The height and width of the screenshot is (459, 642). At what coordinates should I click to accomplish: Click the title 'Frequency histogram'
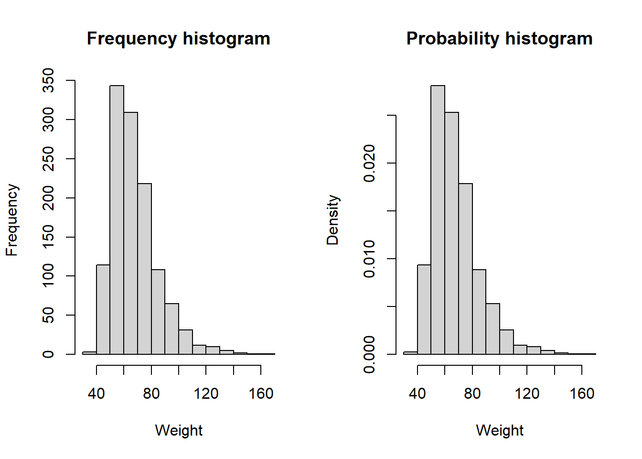178,38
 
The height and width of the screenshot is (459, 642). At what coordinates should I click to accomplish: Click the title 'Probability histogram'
499,38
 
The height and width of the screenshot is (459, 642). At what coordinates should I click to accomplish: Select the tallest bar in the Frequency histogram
117,220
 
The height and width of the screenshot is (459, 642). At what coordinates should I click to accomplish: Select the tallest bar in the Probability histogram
438,220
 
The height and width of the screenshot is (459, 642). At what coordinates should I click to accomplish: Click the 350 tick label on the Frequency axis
48,80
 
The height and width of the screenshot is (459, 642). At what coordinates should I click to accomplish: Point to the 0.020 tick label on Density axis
369,164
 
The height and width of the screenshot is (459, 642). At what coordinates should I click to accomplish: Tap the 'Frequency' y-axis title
12,220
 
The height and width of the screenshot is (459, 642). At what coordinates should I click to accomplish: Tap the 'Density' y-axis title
333,220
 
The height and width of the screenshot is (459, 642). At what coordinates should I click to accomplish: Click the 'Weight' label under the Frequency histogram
179,430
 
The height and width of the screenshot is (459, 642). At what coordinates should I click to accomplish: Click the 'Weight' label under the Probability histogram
500,430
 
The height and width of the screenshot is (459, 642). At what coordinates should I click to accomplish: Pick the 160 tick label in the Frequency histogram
261,393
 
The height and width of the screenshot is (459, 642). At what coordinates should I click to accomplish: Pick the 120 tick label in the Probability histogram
527,393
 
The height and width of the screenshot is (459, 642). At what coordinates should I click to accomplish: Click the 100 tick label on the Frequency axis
48,276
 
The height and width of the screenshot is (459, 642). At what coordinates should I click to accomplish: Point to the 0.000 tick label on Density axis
369,354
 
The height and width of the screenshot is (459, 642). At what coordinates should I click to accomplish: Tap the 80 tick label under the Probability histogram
472,393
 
